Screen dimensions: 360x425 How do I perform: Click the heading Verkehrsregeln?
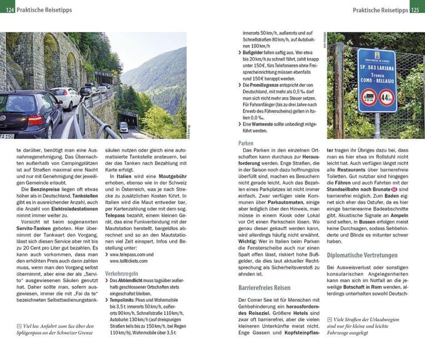(121, 274)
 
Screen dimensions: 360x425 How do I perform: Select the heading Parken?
(246, 143)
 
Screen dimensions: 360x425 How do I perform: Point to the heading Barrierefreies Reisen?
(264, 288)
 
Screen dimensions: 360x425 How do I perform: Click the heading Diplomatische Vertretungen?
(362, 256)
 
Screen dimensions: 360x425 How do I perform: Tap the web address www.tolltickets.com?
(131, 261)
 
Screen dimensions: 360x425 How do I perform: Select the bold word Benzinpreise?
(42, 189)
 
